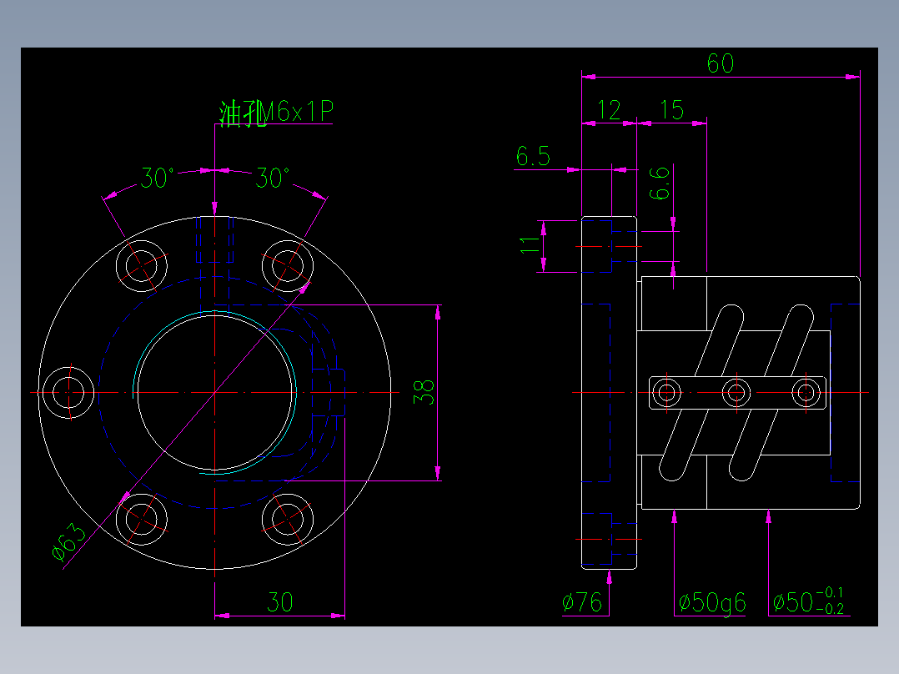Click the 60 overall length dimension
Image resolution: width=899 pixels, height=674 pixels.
click(x=720, y=63)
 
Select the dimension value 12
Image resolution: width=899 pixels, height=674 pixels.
click(x=610, y=109)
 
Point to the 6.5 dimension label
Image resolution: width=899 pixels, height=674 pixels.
click(x=533, y=156)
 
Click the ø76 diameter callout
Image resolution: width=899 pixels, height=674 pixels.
click(x=583, y=602)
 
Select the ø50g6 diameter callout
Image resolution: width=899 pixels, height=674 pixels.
click(x=712, y=602)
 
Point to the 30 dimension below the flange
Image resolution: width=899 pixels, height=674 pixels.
click(x=279, y=602)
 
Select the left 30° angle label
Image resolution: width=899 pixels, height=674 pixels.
click(x=158, y=178)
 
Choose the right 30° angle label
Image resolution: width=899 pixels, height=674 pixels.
click(x=273, y=178)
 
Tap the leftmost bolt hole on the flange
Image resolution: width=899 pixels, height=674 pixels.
click(x=68, y=392)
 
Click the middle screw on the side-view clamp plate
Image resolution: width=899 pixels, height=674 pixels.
click(x=736, y=392)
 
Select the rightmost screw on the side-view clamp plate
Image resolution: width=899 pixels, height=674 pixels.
click(x=806, y=392)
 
